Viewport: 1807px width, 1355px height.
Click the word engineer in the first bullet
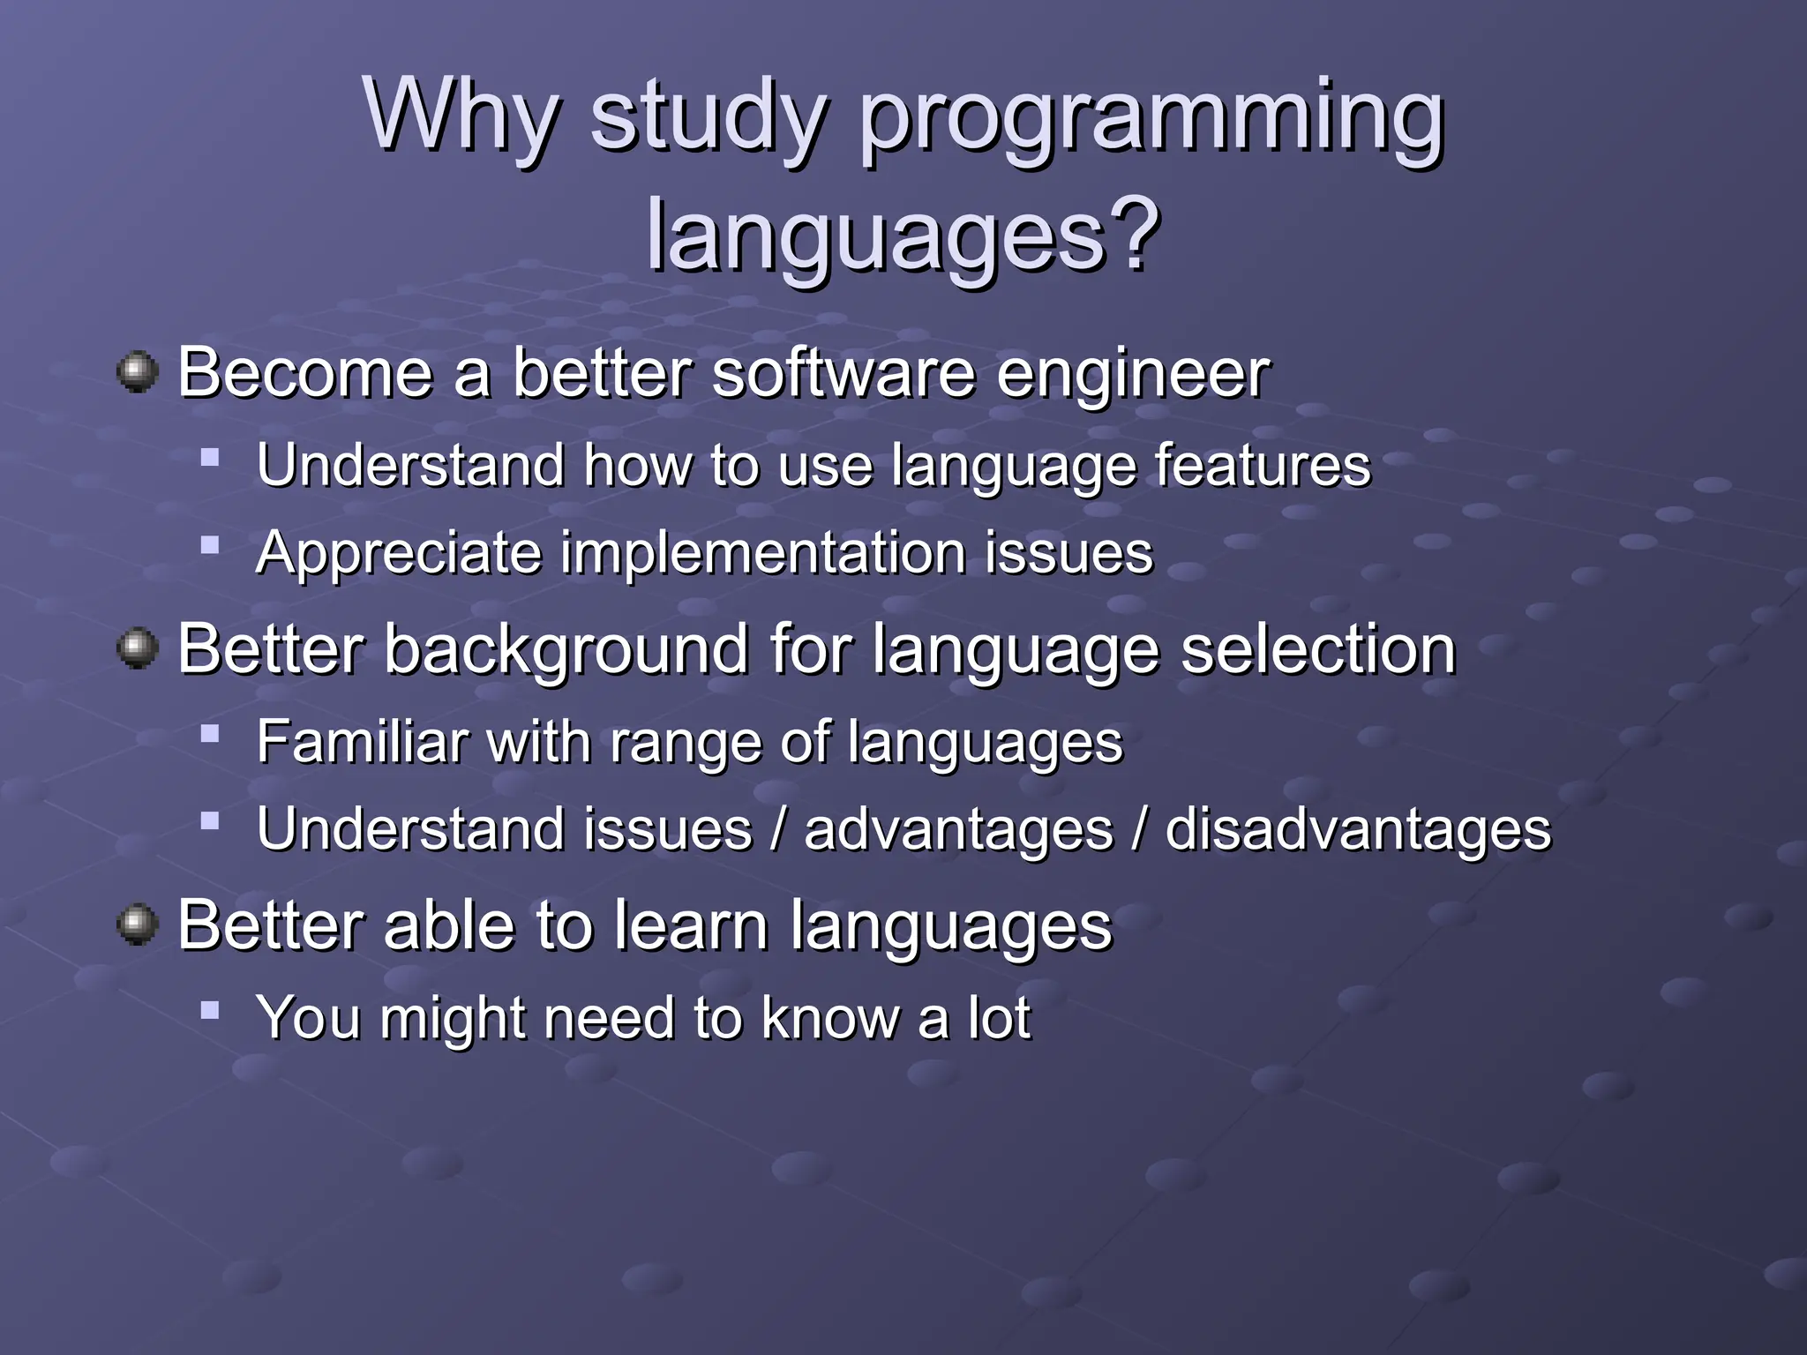click(x=1133, y=375)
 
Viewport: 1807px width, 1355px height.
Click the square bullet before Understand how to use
click(x=209, y=457)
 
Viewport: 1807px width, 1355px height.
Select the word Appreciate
click(x=399, y=554)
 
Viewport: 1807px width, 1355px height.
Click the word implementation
click(x=763, y=553)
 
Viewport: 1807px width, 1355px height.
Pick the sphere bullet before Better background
click(x=138, y=648)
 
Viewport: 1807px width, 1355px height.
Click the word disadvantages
click(x=1358, y=830)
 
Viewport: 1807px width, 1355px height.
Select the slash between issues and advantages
click(x=778, y=830)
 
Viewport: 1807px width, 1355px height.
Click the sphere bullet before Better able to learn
click(x=138, y=925)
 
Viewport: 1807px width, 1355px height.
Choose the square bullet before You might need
click(x=209, y=1009)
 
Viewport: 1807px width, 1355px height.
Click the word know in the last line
click(x=829, y=1018)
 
